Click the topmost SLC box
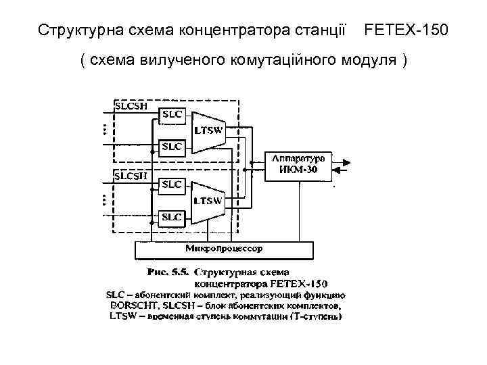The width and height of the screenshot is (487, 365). pos(170,114)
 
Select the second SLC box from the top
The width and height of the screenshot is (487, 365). pos(170,146)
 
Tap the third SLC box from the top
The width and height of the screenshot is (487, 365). pos(170,184)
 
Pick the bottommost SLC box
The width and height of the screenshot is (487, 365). pos(170,217)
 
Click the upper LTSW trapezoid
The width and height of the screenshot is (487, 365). pos(207,130)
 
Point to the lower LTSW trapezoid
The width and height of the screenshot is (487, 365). pos(207,201)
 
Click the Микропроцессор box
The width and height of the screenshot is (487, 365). pos(225,249)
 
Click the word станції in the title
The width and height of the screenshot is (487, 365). pos(323,31)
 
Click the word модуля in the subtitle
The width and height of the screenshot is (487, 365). pos(369,61)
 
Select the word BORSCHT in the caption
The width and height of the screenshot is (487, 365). pos(133,305)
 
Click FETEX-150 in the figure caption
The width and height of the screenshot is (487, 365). pos(304,284)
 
